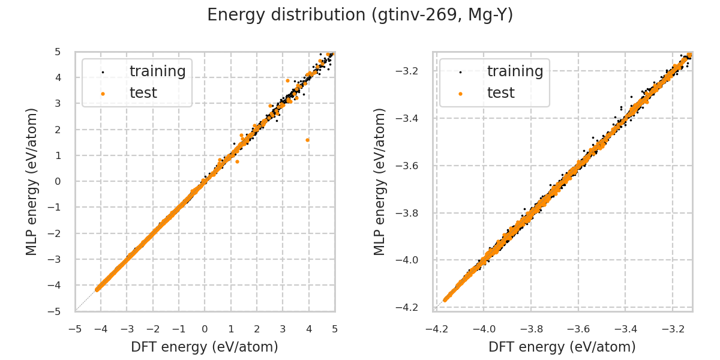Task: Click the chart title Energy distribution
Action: click(x=360, y=15)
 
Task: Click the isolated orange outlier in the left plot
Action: click(x=307, y=140)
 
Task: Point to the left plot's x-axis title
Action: click(x=205, y=347)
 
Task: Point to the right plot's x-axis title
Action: click(x=562, y=347)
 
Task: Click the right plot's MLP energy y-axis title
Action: click(x=380, y=181)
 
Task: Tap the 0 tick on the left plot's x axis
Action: click(x=205, y=329)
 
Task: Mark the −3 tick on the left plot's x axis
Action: click(x=127, y=329)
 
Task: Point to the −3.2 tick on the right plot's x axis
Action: click(x=672, y=329)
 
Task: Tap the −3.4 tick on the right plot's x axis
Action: click(x=625, y=329)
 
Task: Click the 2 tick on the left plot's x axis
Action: click(x=257, y=329)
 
